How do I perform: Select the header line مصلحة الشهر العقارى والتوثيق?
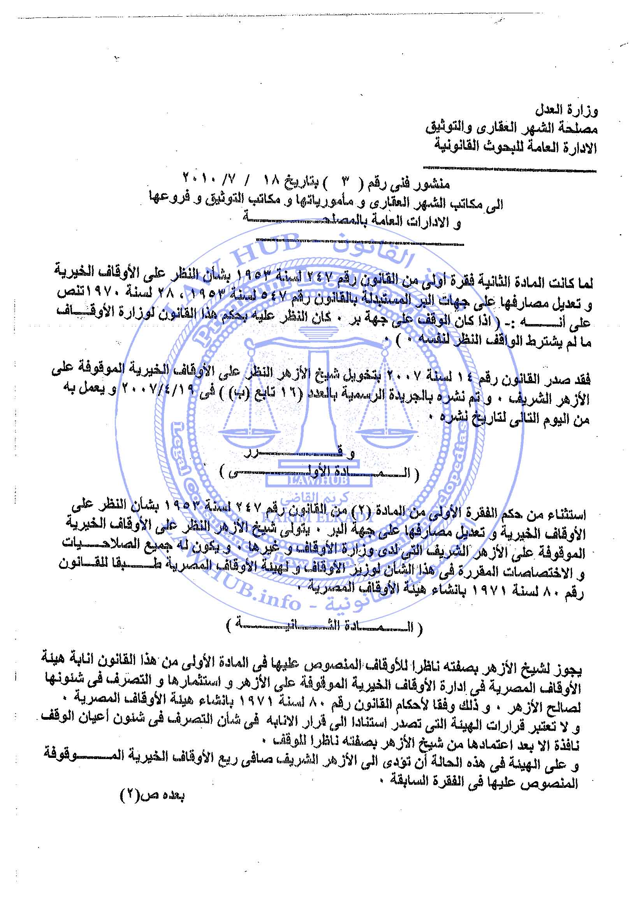(512, 128)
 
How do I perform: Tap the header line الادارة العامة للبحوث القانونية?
(515, 147)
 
